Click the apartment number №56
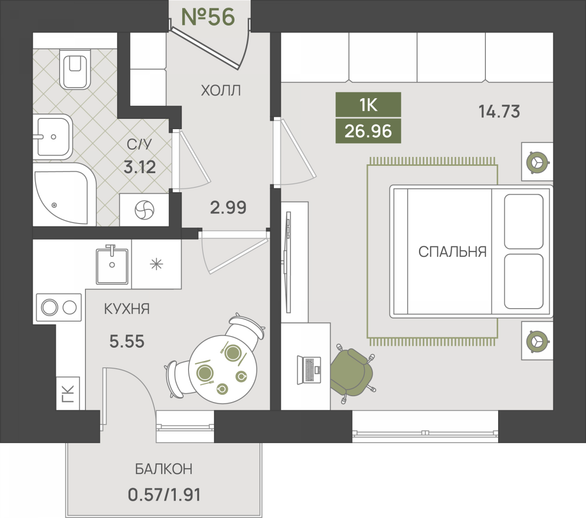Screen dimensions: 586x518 [208, 17]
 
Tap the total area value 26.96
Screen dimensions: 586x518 [368, 131]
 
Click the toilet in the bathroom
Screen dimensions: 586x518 [75, 69]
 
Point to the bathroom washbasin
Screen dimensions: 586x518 [53, 136]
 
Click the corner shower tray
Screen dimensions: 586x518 [63, 195]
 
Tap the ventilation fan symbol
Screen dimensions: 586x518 [145, 209]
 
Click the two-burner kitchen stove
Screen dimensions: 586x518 [59, 307]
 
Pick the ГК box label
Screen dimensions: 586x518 [68, 394]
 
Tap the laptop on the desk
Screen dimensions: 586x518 [309, 370]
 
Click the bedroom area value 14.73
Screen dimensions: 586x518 [499, 111]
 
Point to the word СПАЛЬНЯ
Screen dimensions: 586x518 [452, 252]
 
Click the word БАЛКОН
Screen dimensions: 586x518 [164, 469]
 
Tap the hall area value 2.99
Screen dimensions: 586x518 [228, 207]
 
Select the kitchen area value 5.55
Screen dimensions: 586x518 [126, 341]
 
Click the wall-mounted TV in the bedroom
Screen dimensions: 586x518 [287, 262]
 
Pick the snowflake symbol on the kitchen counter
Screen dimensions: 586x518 [156, 264]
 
